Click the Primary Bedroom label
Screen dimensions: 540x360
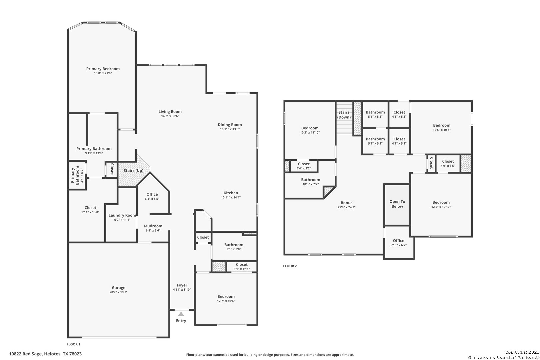[103, 69]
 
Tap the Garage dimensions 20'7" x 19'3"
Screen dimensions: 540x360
[118, 292]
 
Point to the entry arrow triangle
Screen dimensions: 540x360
[181, 314]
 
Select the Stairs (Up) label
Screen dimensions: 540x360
[134, 170]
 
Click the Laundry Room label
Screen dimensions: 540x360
[122, 215]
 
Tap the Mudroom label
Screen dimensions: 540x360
[153, 226]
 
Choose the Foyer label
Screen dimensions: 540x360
[182, 285]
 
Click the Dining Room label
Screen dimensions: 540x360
[230, 125]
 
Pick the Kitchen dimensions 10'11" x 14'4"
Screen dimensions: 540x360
[231, 197]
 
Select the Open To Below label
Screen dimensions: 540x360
[397, 204]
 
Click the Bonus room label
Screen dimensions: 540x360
[347, 203]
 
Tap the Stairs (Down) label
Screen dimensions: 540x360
[344, 115]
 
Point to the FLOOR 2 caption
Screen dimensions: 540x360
[290, 266]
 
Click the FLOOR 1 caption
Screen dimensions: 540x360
[74, 344]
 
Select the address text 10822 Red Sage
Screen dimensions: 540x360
[26, 354]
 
